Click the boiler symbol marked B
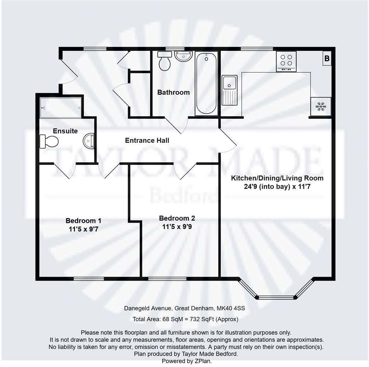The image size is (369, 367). point(327,59)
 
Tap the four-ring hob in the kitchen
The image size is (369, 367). point(286,61)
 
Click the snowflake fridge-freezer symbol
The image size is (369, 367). point(321,106)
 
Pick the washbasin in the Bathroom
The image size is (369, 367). point(183,56)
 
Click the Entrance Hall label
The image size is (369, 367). point(147,140)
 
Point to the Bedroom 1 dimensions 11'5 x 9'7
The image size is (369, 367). point(83,229)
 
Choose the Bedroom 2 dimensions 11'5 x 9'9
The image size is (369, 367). point(177,226)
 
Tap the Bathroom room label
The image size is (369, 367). point(174,92)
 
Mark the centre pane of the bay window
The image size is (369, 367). point(276,297)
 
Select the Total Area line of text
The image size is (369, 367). point(185,319)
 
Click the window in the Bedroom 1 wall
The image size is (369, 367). point(89,278)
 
